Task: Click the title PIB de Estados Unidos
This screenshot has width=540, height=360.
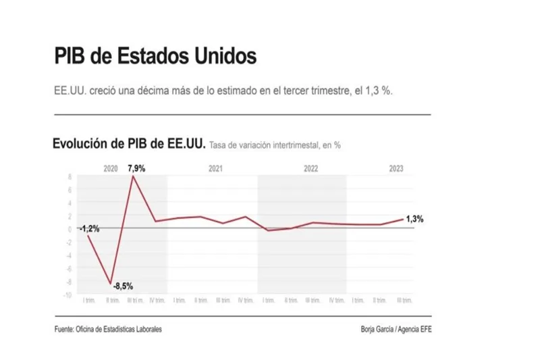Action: (155, 56)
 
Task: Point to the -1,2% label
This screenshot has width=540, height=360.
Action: (89, 228)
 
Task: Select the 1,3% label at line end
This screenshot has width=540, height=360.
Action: (416, 218)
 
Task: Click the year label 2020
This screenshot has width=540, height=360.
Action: (111, 168)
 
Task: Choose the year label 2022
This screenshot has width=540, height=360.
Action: (311, 168)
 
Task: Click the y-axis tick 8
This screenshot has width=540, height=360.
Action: (70, 177)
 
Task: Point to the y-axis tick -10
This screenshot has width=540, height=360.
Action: (67, 294)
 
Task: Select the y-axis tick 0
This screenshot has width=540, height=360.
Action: (70, 229)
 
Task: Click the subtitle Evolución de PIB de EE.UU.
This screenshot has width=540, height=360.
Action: (129, 144)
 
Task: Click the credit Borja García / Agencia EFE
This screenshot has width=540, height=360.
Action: (400, 329)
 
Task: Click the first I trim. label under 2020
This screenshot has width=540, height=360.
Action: (88, 301)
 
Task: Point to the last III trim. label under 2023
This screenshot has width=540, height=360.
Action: (404, 301)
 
